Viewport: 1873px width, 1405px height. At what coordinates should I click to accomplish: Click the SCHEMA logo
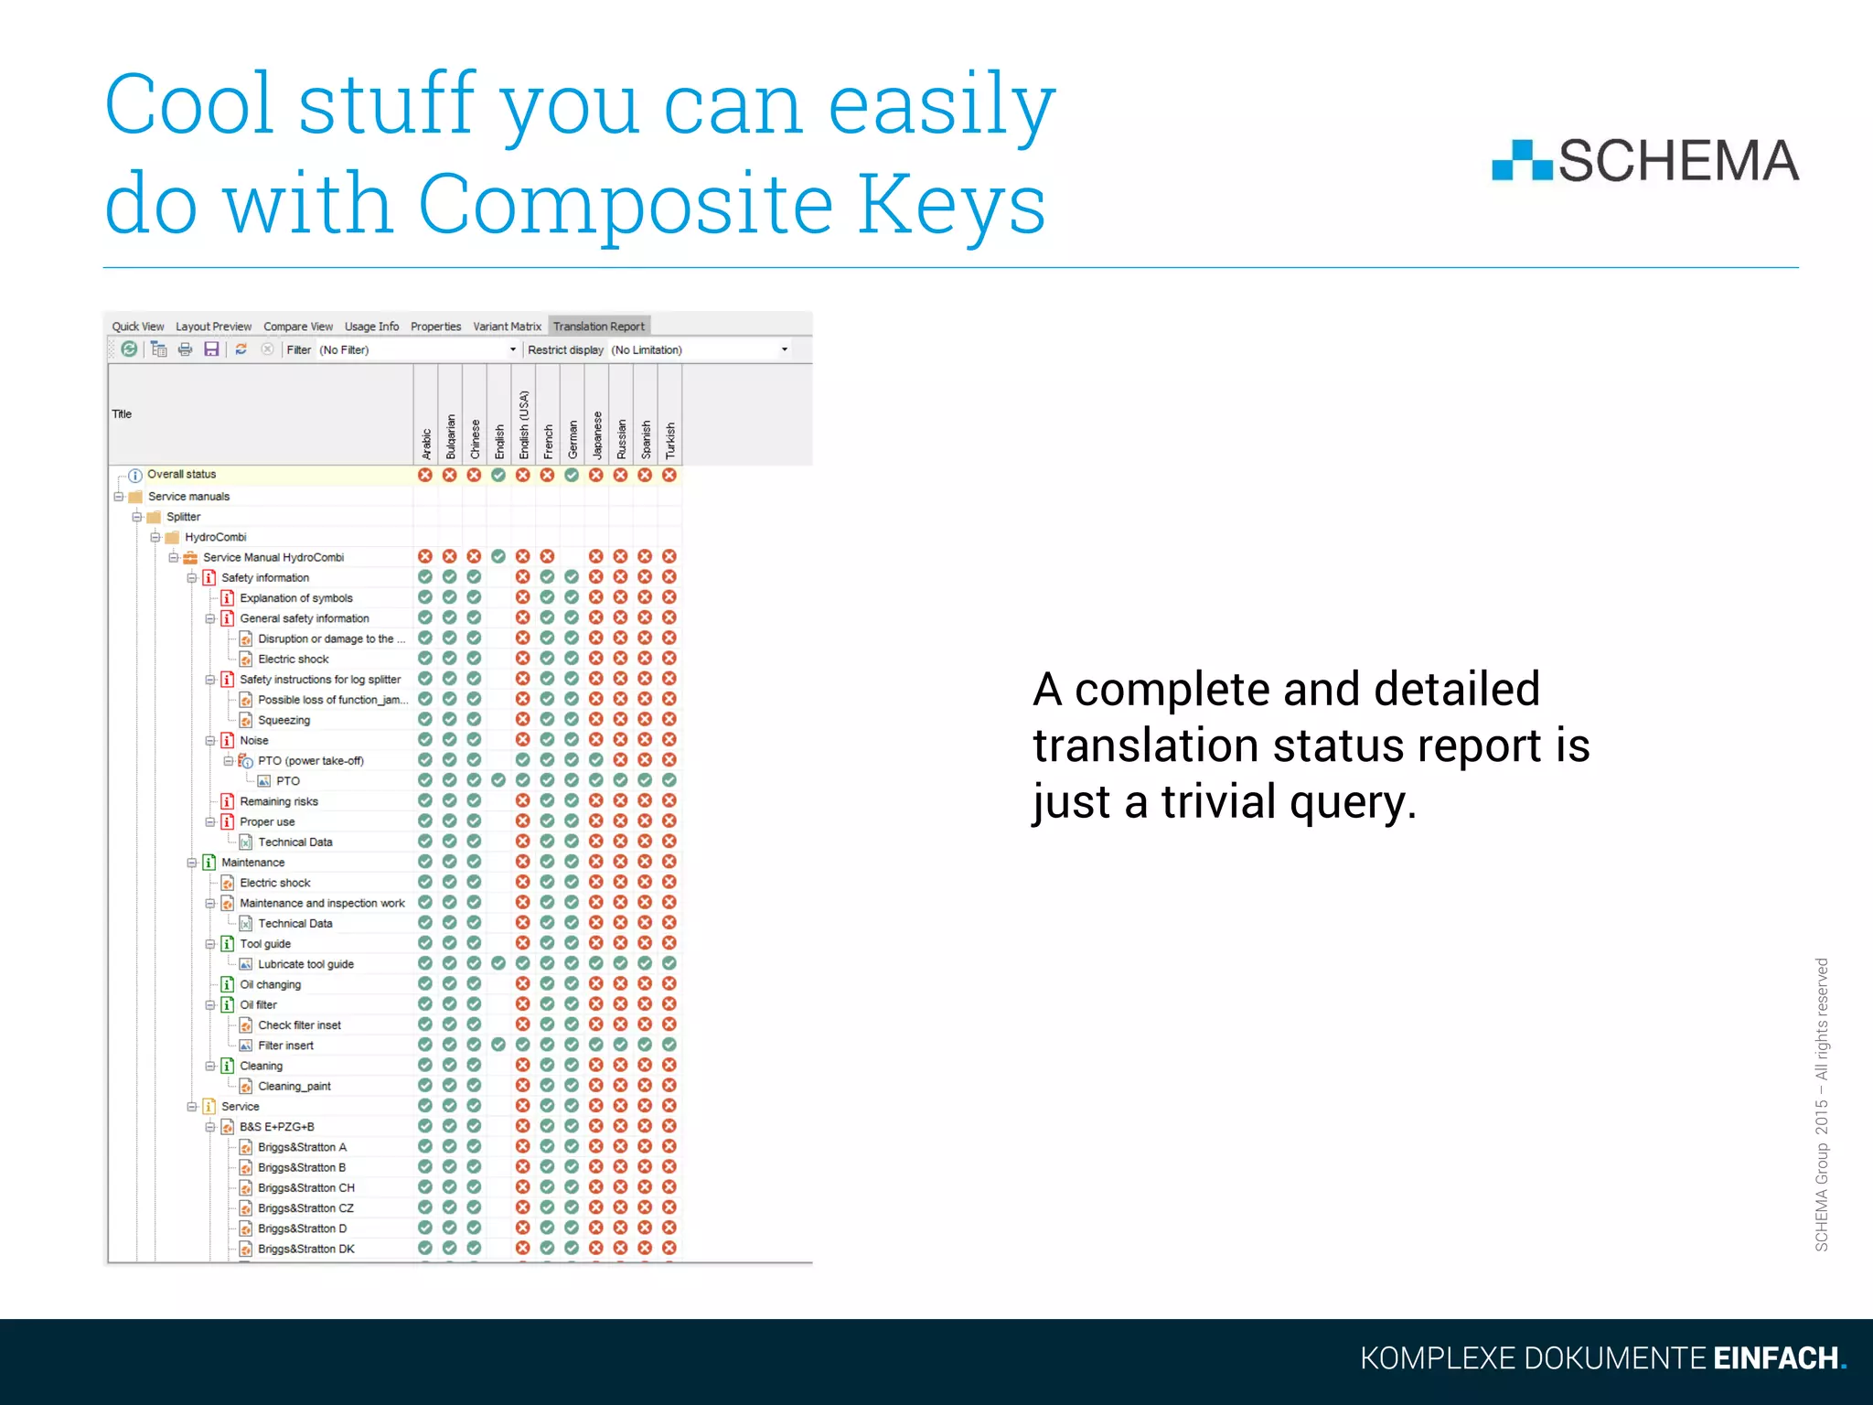click(1644, 161)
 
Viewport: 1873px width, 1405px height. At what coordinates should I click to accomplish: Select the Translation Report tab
click(598, 327)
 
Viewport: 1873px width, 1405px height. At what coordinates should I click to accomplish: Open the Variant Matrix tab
click(507, 327)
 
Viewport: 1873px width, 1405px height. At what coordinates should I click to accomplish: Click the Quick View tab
click(137, 327)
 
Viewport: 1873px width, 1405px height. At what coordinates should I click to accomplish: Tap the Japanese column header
click(596, 434)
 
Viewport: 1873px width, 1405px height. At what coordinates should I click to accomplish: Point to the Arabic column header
click(425, 443)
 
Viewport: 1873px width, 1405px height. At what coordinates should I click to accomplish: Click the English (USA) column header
click(523, 424)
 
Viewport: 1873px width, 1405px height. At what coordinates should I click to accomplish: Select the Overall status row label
click(181, 475)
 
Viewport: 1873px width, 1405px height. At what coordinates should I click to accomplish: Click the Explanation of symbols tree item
click(295, 598)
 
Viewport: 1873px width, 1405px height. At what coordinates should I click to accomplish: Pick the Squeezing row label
click(284, 721)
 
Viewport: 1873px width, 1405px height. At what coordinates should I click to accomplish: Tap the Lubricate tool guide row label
click(305, 964)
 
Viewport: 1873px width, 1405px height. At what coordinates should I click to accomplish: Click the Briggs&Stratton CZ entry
click(305, 1208)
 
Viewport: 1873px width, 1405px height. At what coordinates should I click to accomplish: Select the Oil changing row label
click(270, 985)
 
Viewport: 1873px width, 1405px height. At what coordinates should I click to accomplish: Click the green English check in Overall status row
click(498, 476)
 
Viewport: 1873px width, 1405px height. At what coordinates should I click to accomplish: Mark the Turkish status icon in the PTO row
click(669, 780)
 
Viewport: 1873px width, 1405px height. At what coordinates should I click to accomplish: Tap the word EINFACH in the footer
click(1775, 1358)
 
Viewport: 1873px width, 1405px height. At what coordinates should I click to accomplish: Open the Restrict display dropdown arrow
click(784, 349)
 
